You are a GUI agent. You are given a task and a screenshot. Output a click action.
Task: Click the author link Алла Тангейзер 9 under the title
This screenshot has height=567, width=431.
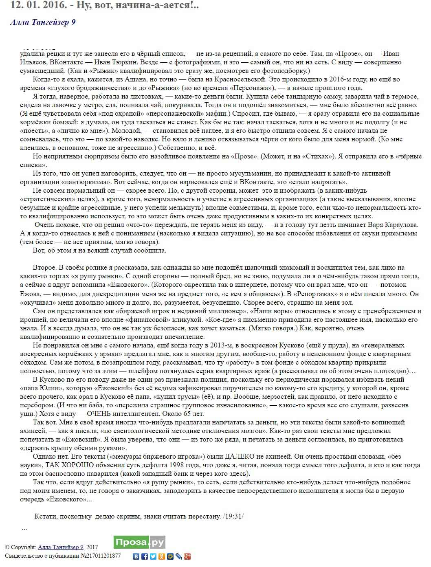43,22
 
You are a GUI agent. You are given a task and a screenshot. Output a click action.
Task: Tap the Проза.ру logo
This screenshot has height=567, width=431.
139,543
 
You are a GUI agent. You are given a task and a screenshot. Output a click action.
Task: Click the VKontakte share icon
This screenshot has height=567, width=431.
136,556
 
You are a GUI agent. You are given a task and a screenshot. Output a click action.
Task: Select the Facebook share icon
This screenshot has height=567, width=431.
145,556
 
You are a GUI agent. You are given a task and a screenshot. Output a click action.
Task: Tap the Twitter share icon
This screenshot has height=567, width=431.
153,556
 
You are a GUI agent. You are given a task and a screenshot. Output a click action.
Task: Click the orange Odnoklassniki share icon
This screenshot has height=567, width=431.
162,556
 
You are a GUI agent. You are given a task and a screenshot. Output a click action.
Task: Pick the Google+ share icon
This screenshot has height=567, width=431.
187,556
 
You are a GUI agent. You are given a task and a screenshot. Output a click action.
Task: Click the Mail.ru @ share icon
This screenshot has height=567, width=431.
170,556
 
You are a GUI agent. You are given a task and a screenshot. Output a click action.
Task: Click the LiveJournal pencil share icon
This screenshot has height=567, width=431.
179,556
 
